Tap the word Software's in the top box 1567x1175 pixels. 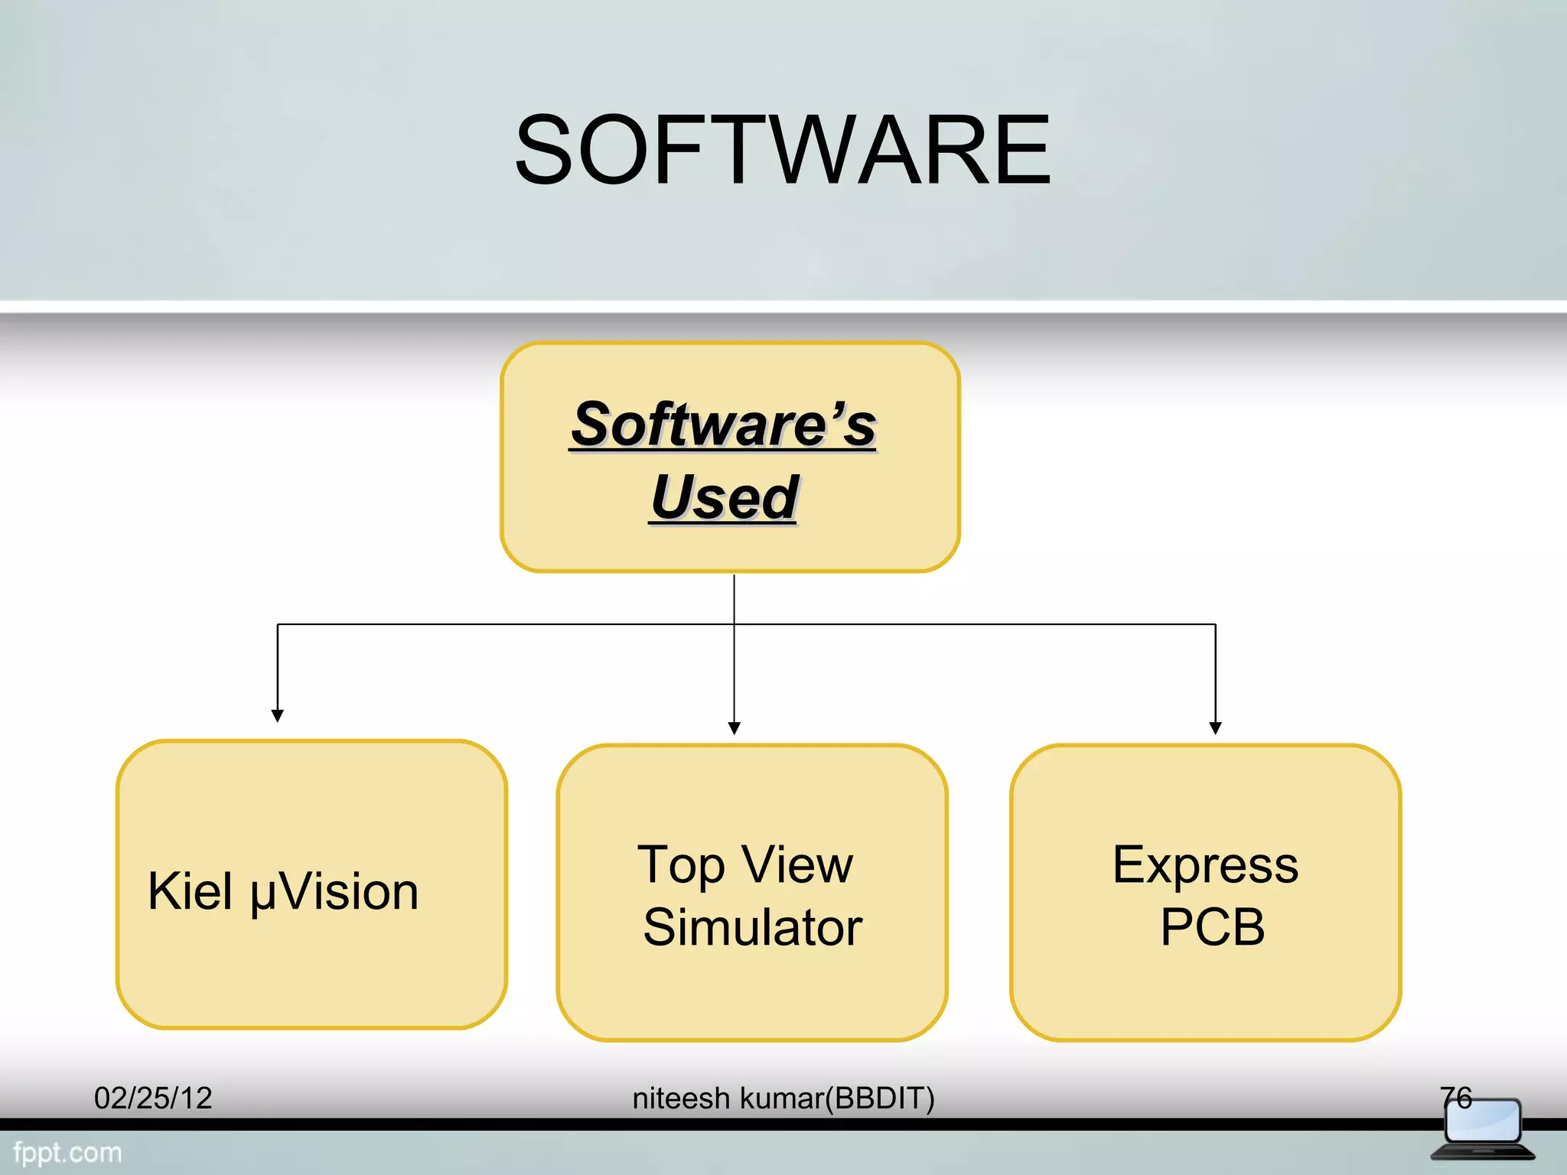(x=724, y=425)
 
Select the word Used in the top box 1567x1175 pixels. (x=724, y=497)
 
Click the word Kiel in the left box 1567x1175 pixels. (x=190, y=891)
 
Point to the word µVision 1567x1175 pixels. (x=334, y=893)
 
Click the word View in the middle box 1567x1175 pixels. (x=797, y=864)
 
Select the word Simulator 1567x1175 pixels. (x=753, y=927)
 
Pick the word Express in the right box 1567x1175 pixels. (x=1205, y=866)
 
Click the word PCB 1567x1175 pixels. (x=1212, y=927)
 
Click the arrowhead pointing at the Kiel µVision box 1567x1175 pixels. (x=278, y=715)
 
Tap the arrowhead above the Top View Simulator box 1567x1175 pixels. (x=735, y=727)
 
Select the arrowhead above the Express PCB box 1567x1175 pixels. (x=1215, y=727)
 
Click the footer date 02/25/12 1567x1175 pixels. (x=153, y=1099)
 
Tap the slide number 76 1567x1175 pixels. (x=1455, y=1098)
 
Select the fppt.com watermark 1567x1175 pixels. (x=67, y=1152)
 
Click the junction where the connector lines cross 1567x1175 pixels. (x=735, y=624)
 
